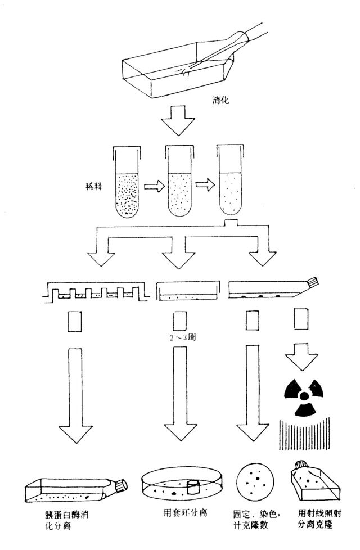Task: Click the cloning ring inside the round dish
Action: click(193, 487)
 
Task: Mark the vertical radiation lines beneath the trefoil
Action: click(304, 433)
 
